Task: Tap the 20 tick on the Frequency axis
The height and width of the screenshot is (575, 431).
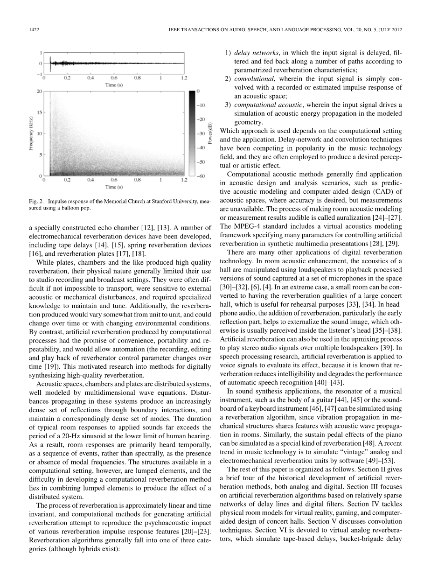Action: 39,91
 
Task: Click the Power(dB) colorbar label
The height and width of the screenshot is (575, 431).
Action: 210,132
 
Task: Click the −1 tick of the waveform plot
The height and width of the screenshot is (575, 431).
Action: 39,74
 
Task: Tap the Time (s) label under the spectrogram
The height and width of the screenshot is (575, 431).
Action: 114,187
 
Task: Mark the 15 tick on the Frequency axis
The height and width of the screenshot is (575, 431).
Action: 39,112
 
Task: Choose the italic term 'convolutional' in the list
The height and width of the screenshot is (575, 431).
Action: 254,78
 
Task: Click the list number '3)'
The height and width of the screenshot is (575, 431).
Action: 227,105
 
